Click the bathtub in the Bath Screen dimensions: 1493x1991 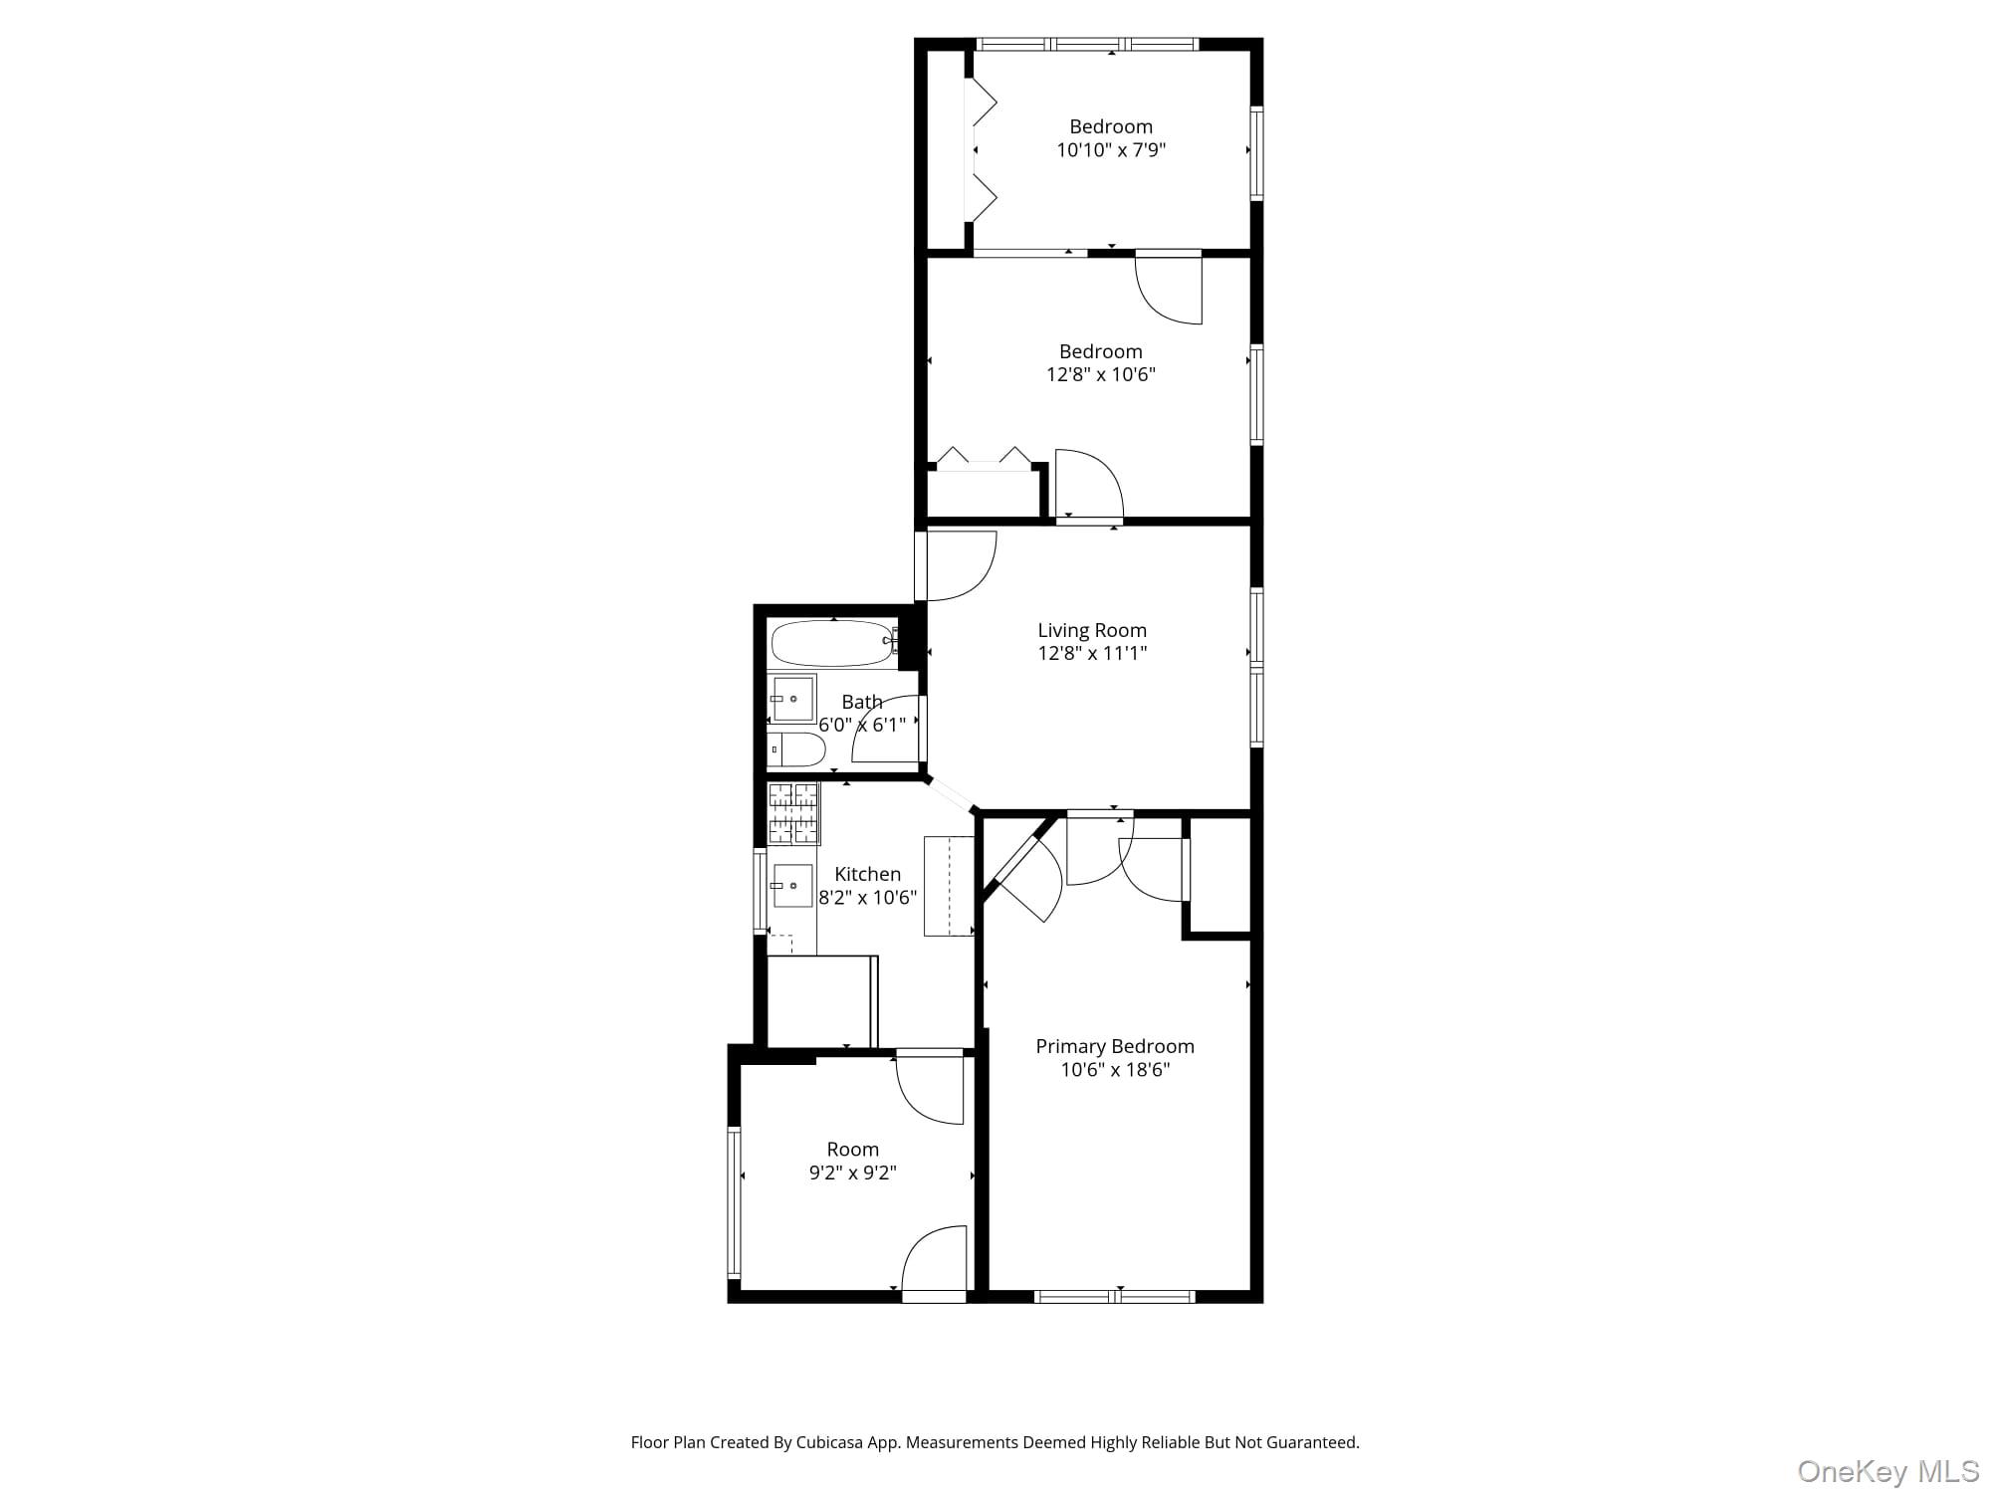click(832, 643)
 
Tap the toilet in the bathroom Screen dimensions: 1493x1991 click(796, 749)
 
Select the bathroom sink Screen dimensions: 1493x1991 click(792, 699)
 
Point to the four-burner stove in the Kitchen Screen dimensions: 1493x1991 click(793, 813)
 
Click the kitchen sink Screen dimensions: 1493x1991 click(792, 885)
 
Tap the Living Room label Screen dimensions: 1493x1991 click(1092, 630)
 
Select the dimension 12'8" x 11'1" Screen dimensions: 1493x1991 click(1092, 653)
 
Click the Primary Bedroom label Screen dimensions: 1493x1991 click(1114, 1046)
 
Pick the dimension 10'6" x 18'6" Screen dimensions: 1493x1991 click(1114, 1070)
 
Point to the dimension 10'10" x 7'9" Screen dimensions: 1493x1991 click(1111, 150)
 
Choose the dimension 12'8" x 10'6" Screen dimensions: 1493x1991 click(1100, 374)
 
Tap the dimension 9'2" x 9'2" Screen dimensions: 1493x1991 click(852, 1173)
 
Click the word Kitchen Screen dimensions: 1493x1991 click(867, 874)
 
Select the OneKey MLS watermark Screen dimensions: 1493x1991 click(1887, 1470)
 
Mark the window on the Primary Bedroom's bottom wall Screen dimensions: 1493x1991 click(1114, 1296)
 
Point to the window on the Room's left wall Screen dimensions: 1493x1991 click(734, 1201)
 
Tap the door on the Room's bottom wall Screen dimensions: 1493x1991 click(934, 1295)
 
